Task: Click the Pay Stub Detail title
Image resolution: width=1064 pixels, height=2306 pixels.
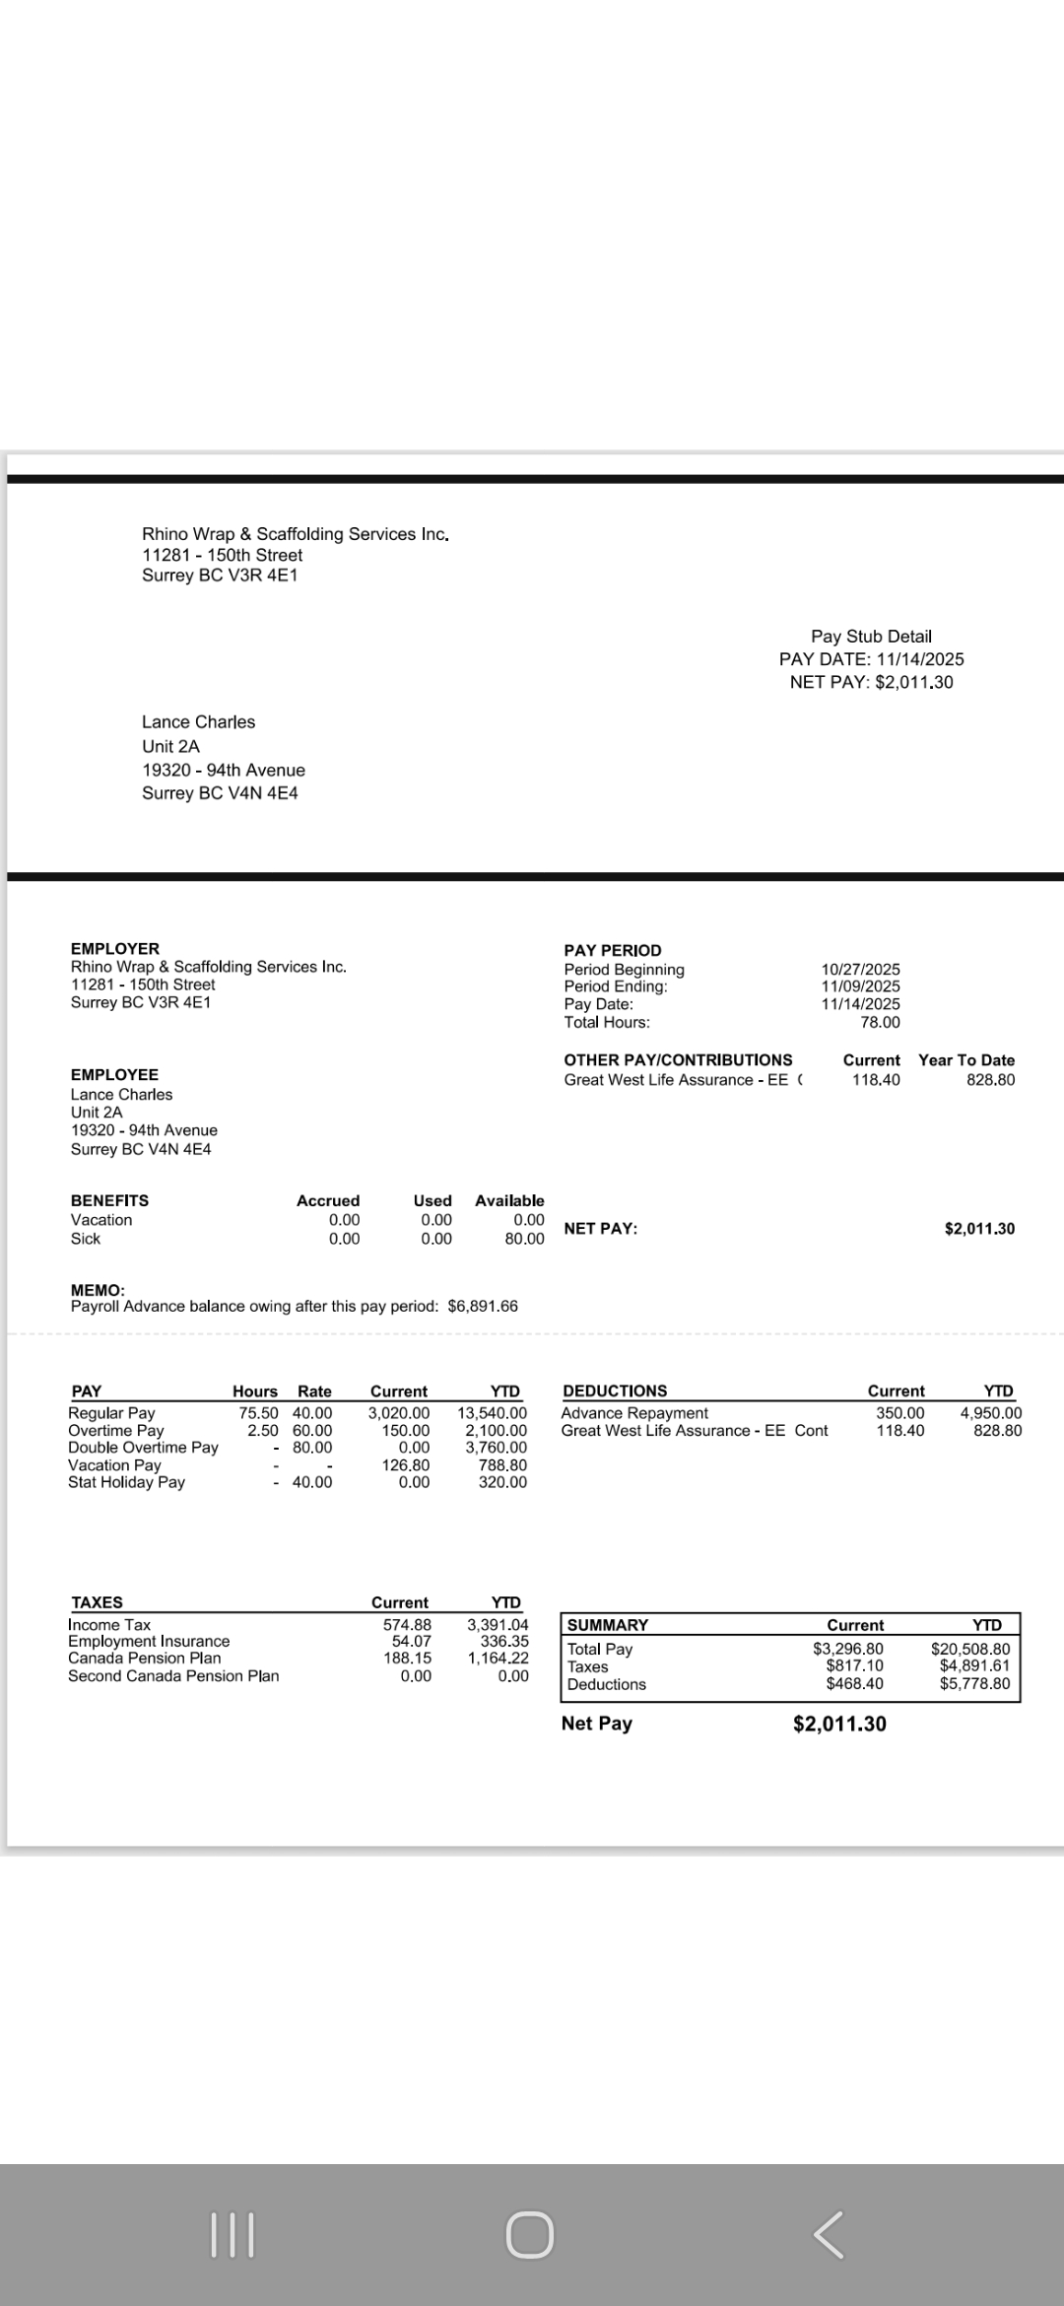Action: [871, 637]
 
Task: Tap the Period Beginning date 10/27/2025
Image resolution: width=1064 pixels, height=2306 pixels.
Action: [860, 970]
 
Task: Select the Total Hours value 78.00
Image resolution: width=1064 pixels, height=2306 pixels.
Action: [880, 1022]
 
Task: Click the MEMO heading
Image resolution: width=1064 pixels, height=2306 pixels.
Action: [98, 1290]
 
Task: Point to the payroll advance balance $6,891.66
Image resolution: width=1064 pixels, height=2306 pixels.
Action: [482, 1306]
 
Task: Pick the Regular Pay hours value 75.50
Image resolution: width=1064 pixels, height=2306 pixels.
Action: [258, 1413]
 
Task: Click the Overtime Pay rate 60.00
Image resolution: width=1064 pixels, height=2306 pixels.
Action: [312, 1430]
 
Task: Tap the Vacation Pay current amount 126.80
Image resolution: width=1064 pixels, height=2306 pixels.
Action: [405, 1465]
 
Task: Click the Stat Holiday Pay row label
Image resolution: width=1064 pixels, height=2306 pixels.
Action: [126, 1482]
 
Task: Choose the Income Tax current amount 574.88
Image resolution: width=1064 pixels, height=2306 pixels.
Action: [407, 1625]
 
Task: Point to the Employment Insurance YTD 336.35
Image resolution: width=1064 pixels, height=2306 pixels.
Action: [504, 1641]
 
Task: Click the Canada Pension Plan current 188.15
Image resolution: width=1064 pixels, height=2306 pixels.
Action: [407, 1659]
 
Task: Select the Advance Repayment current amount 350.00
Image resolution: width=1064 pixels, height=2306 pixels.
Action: [899, 1413]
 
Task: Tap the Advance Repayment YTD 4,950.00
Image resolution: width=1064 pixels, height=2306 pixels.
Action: [990, 1413]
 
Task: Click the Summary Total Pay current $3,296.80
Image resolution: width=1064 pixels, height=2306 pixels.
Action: [847, 1649]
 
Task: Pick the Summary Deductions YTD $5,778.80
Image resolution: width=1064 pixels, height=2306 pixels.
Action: [974, 1683]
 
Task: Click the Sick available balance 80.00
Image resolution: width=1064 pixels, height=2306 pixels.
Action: [524, 1239]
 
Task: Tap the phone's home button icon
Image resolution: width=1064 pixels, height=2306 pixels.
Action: [530, 2234]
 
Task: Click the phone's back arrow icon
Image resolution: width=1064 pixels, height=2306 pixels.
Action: [829, 2234]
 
